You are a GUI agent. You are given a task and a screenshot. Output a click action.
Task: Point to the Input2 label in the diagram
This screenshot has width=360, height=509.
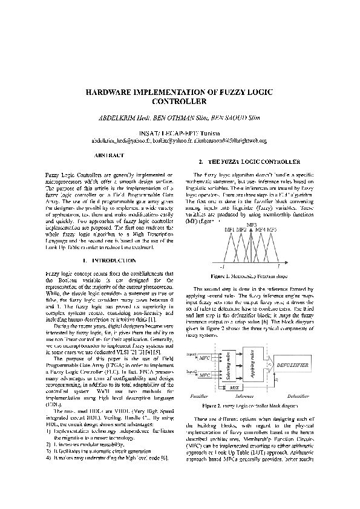click(193, 369)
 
